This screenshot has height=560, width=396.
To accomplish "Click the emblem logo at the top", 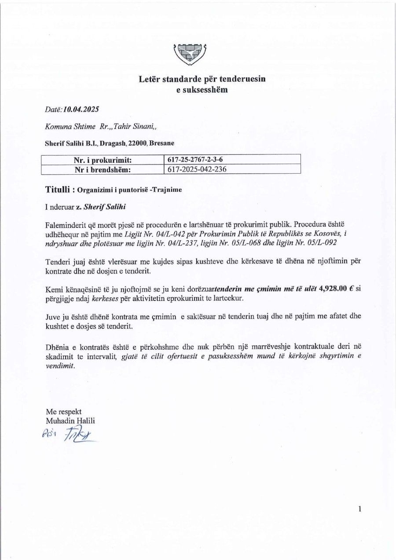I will (x=191, y=55).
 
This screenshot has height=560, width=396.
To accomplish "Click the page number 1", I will (x=360, y=509).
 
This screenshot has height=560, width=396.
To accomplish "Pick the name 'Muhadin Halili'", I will (x=70, y=421).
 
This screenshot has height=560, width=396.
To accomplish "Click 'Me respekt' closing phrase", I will (x=64, y=412).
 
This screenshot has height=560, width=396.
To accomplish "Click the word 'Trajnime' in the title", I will (x=168, y=190).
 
